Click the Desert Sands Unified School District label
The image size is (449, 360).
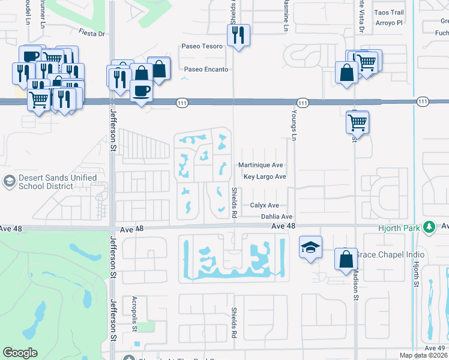click(x=58, y=182)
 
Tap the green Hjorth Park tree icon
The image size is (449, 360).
click(x=429, y=227)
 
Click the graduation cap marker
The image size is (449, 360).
click(x=310, y=247)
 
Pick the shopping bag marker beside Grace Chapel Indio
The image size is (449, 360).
click(x=346, y=259)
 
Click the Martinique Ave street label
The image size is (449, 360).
click(x=261, y=165)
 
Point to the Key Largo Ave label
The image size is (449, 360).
click(x=265, y=177)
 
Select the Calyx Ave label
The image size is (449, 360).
click(x=265, y=205)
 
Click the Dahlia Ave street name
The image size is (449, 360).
click(x=276, y=217)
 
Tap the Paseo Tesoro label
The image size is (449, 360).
click(x=203, y=46)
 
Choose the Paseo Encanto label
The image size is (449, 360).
click(x=206, y=70)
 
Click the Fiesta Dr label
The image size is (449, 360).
click(x=91, y=33)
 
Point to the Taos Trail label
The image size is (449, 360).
click(x=388, y=13)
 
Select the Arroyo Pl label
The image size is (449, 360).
click(x=388, y=23)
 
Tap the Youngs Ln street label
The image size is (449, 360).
click(x=295, y=130)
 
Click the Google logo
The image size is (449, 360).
click(x=20, y=353)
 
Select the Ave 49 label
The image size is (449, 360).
click(x=435, y=348)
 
